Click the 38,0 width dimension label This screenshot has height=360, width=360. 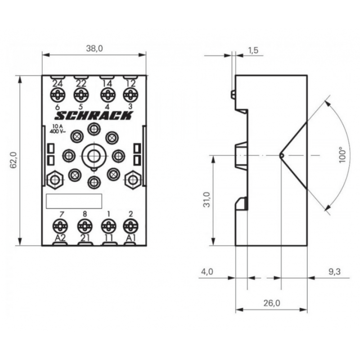(94, 49)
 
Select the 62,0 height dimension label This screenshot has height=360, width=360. (13, 160)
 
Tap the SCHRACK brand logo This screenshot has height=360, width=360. (94, 116)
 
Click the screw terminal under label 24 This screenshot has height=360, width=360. (58, 94)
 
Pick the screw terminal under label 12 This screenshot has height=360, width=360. (130, 94)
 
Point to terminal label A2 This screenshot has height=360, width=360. (60, 238)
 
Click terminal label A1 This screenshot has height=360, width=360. (130, 238)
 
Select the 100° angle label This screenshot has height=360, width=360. (342, 155)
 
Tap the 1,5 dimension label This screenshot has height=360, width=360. (253, 50)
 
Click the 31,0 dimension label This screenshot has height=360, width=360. (207, 200)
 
